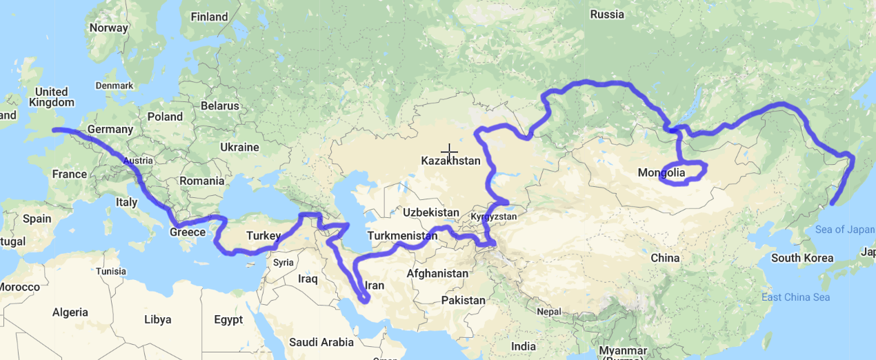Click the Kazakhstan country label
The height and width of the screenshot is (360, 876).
pos(450,161)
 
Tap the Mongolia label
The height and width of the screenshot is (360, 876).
pos(661,172)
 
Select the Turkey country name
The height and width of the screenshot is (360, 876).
pos(263,236)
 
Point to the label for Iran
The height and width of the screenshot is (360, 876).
pos(374,285)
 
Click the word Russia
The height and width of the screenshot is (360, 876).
pos(607,14)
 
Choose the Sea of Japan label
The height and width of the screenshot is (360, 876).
pos(844,230)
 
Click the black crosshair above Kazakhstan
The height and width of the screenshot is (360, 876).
pos(449,152)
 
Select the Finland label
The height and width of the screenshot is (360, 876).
pos(209,17)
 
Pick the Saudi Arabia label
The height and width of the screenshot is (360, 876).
pos(321,342)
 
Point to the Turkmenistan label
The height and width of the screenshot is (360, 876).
pos(403,236)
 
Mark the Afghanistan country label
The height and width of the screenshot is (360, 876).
pos(437,273)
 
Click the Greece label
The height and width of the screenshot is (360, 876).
pos(188,232)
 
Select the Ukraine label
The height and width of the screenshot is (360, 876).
pos(239,147)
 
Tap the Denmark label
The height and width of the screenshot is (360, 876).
pos(115,86)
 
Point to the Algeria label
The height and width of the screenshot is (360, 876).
pos(70,312)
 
